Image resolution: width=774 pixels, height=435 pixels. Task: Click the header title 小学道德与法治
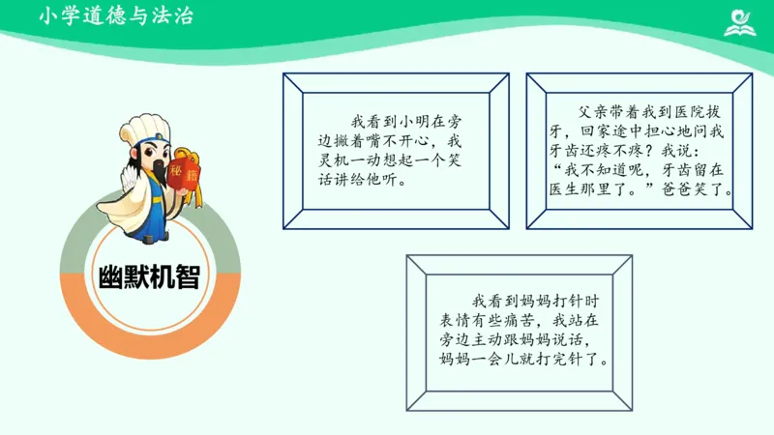[116, 15]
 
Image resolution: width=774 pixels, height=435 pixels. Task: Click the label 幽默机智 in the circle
[150, 276]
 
